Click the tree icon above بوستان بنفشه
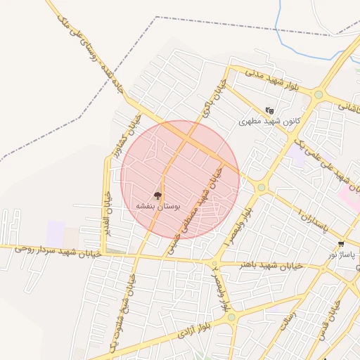(157, 195)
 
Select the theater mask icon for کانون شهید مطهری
(269, 110)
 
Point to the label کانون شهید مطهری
(269, 121)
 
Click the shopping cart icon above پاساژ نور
(341, 243)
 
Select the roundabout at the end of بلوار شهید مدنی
(319, 94)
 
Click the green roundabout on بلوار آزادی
(231, 318)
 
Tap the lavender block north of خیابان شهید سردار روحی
(56, 233)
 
